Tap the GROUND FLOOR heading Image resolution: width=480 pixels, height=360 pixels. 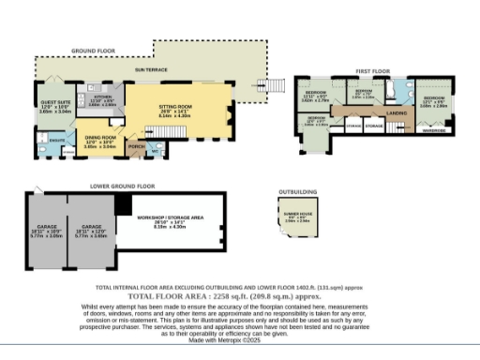click(x=94, y=50)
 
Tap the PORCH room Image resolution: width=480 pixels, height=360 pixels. click(x=137, y=147)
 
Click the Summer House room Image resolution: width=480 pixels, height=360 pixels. click(x=298, y=218)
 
